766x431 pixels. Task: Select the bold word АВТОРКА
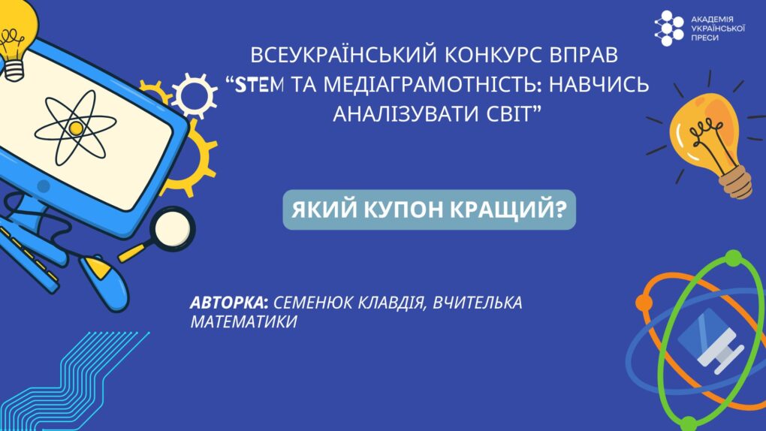tap(227, 303)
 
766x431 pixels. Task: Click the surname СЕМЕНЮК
tap(312, 303)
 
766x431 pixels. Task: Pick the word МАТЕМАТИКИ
tap(243, 322)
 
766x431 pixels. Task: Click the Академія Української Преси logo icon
tap(669, 29)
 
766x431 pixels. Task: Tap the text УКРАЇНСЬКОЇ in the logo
tap(718, 29)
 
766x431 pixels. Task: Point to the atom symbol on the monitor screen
tap(76, 128)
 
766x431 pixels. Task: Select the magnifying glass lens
tap(173, 229)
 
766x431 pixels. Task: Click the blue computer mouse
tap(105, 282)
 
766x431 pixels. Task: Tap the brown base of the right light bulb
tap(736, 182)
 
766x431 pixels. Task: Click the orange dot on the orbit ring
tap(644, 303)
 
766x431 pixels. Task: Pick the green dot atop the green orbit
tap(733, 259)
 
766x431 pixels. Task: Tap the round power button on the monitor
tap(44, 186)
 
